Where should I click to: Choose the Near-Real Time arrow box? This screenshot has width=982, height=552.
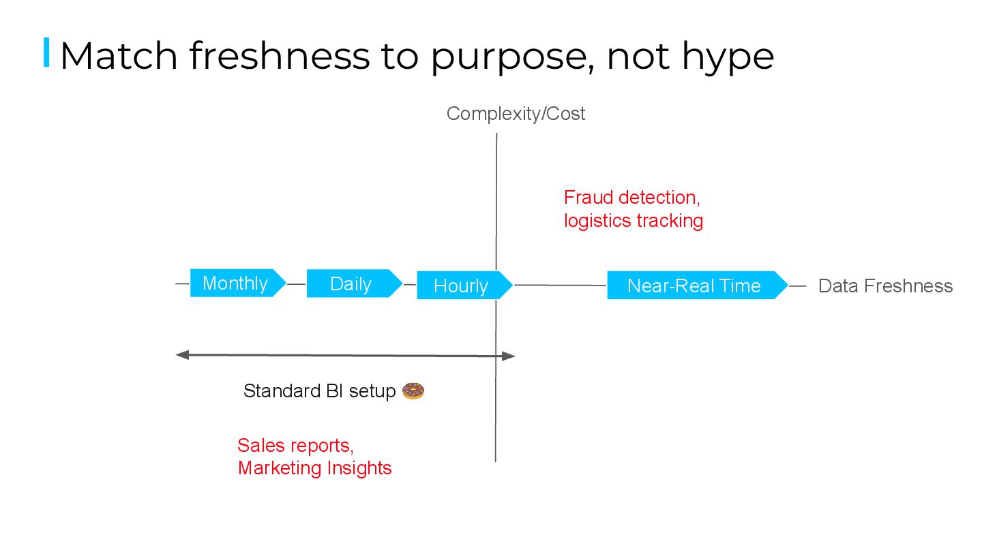pos(695,286)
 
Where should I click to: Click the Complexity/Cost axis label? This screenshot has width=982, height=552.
pos(516,114)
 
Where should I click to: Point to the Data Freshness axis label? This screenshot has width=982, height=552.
pos(885,286)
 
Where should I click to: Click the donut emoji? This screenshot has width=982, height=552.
pos(413,391)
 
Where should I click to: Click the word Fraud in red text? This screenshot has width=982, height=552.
pos(589,198)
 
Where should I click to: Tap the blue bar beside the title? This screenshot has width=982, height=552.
pos(46,53)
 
